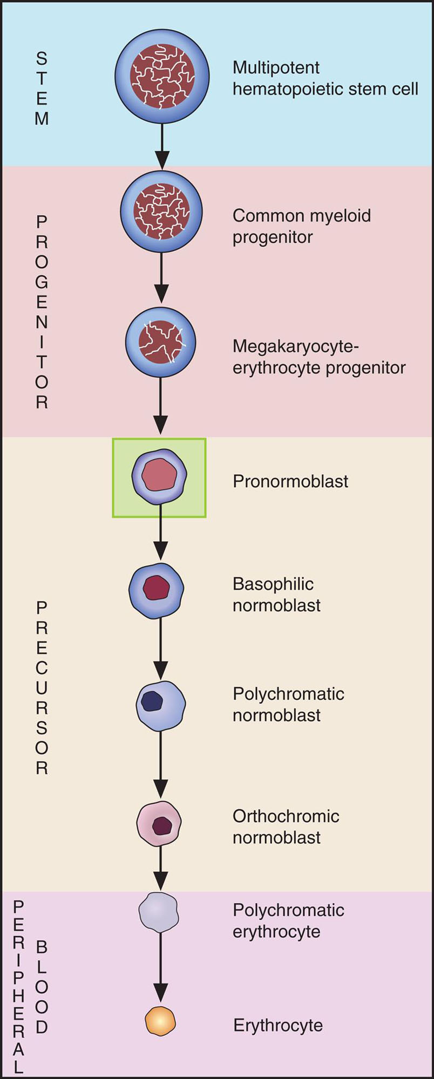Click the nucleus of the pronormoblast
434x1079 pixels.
[159, 475]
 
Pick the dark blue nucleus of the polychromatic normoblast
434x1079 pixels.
[152, 701]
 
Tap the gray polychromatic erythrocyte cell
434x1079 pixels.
[158, 912]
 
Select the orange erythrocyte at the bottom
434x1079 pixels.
[160, 1021]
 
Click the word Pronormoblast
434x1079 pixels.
[290, 481]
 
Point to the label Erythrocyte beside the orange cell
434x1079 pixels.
[278, 1025]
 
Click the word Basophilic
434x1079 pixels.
[273, 584]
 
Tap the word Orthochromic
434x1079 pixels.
[286, 816]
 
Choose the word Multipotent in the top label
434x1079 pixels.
[276, 68]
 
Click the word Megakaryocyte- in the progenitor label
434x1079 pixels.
[295, 346]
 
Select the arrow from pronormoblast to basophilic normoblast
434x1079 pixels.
[160, 534]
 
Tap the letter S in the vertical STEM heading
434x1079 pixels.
[42, 58]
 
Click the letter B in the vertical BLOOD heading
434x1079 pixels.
[42, 946]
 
